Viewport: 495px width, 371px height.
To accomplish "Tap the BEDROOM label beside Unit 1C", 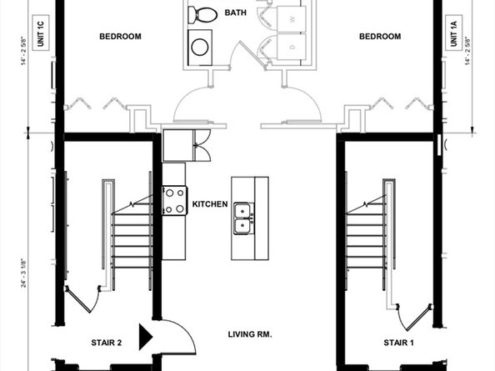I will [x=120, y=37].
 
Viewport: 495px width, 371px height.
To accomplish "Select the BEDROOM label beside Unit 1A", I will [x=379, y=37].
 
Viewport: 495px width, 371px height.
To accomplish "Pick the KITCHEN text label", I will [x=210, y=204].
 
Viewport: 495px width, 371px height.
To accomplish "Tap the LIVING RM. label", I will [x=251, y=334].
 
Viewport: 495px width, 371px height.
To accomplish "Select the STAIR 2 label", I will [x=107, y=342].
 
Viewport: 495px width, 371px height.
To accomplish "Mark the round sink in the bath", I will [x=201, y=47].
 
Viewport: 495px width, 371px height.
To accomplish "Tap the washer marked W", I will [x=292, y=18].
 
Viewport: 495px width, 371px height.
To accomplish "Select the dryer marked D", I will [x=292, y=48].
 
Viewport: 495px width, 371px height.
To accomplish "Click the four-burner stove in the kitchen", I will [x=174, y=199].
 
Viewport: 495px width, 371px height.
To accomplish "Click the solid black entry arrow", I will [x=145, y=336].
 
